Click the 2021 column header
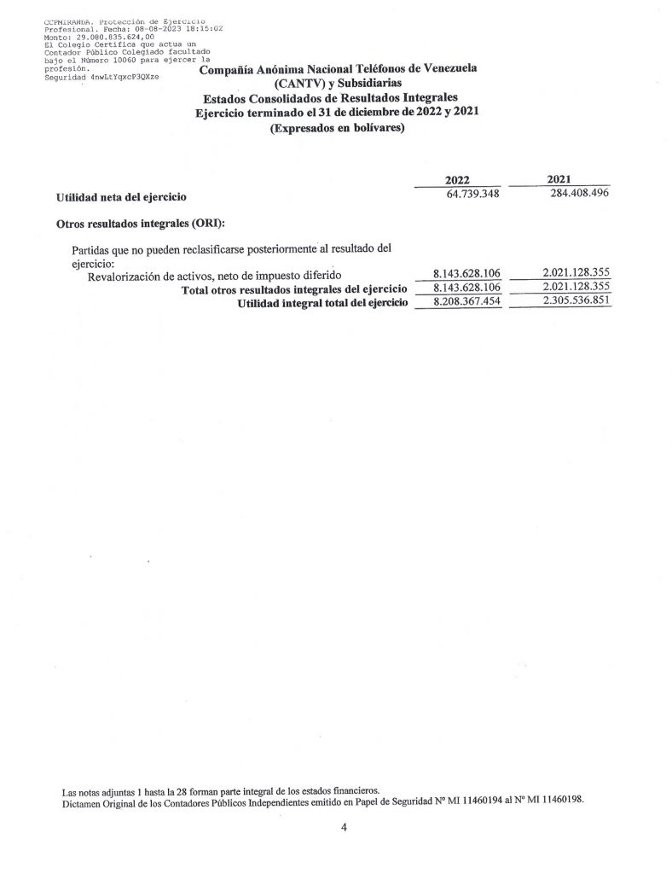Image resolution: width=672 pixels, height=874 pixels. (559, 179)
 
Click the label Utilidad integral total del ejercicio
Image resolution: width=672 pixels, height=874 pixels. (323, 303)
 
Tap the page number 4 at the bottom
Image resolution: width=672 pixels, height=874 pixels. (343, 827)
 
